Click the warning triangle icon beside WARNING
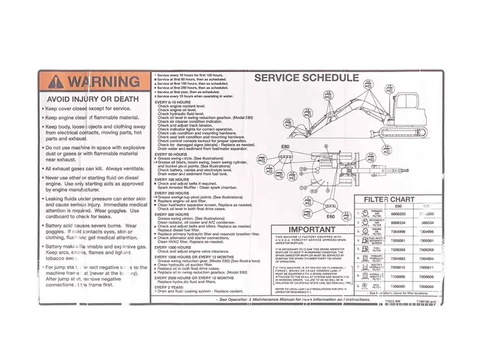[55, 81]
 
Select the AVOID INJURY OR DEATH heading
[92, 98]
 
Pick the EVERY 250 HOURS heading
[173, 193]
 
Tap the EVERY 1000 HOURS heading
[174, 247]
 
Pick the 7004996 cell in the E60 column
[398, 231]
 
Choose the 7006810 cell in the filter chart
[398, 267]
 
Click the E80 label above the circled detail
[286, 146]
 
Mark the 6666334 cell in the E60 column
[398, 222]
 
